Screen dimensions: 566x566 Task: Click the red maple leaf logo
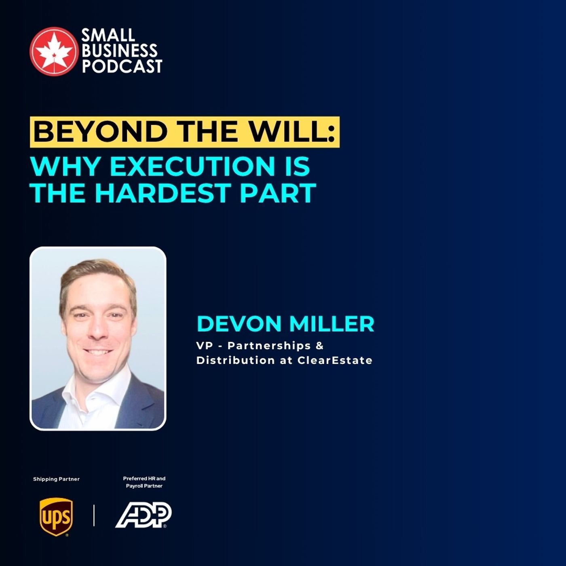[x=53, y=51]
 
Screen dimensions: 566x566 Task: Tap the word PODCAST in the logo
[x=122, y=66]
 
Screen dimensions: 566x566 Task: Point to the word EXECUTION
[x=192, y=166]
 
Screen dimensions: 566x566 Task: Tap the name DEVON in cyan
[x=239, y=324]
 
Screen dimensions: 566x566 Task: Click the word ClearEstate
[x=335, y=360]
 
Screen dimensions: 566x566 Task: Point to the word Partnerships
[x=269, y=346]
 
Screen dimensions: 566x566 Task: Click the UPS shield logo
[x=56, y=516]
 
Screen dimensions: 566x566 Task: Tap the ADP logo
[x=144, y=515]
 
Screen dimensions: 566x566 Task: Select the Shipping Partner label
[x=56, y=479]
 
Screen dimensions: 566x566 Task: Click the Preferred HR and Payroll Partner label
[x=144, y=482]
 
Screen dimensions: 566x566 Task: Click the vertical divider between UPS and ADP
[x=94, y=515]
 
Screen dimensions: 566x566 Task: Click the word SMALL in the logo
[x=108, y=36]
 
